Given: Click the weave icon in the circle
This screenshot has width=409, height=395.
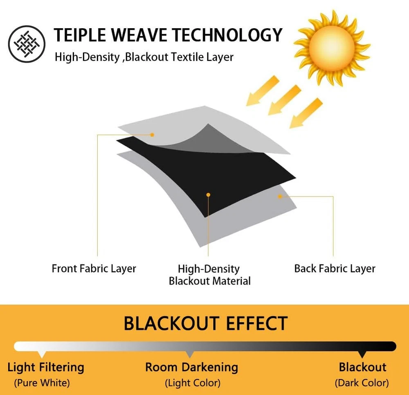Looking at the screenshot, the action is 27,44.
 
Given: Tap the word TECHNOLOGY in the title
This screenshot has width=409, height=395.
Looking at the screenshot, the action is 227,35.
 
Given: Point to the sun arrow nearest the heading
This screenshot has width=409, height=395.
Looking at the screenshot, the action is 263,90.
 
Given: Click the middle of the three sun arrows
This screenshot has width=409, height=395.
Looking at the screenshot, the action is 285,100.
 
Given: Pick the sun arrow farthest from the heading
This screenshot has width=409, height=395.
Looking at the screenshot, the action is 306,113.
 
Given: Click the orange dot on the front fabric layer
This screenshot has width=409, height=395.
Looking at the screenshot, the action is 152,135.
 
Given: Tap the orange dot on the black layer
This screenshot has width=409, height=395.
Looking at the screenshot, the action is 208,195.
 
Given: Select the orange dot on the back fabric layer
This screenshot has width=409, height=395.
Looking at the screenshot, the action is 280,196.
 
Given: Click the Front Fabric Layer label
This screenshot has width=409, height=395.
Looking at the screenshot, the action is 94,269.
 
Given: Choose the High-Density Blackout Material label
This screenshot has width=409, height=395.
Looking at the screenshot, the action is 210,275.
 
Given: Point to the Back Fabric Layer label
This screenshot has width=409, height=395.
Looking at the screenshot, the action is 335,269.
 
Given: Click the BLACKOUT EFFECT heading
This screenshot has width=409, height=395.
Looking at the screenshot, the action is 206,323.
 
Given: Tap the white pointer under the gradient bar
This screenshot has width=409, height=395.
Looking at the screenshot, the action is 42,354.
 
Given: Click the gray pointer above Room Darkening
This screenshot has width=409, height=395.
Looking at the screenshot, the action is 190,354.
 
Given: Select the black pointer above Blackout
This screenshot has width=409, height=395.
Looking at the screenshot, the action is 362,354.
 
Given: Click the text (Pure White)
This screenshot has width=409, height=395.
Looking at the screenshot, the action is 42,383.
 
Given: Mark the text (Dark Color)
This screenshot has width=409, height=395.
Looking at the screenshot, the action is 362,383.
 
